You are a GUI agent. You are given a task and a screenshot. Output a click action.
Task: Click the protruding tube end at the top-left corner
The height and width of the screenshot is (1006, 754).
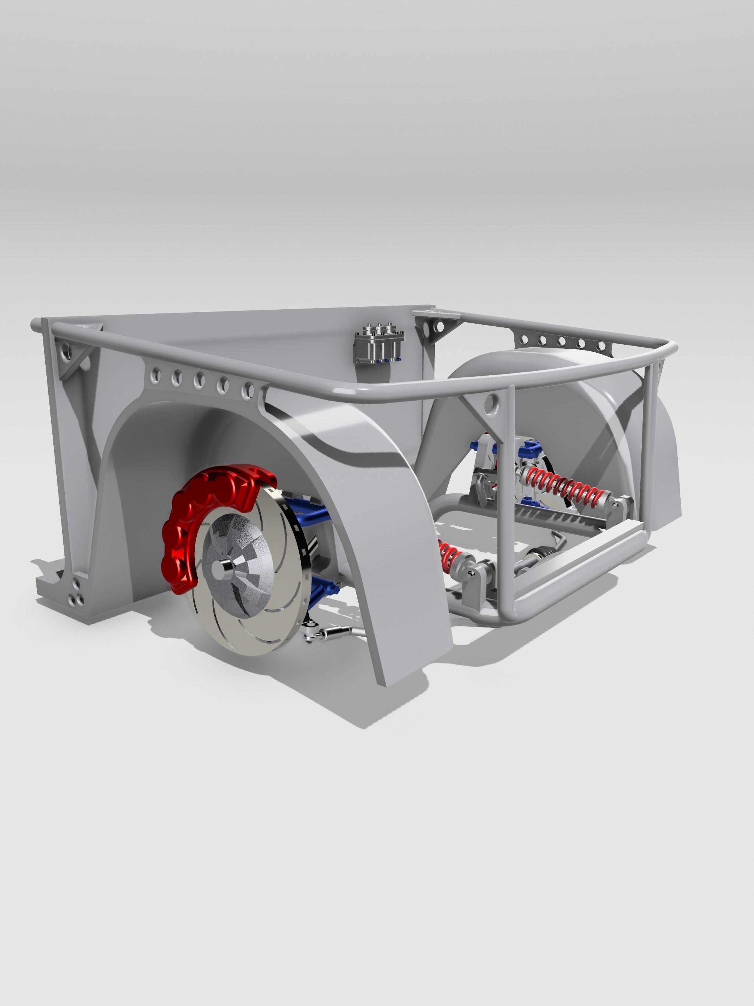[x=35, y=325]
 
